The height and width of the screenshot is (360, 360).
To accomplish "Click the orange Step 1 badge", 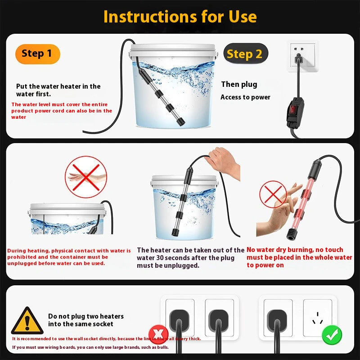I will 37,54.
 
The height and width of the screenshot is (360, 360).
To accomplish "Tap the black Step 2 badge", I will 245,54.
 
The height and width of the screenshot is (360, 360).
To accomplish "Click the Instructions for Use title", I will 180,17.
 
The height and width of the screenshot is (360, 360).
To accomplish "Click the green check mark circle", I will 332,335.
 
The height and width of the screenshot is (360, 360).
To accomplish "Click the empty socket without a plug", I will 317,317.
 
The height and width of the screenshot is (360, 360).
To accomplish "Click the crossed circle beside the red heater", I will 273,194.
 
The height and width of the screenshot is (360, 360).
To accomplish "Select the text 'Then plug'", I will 239,84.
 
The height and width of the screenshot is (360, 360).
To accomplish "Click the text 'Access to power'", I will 245,97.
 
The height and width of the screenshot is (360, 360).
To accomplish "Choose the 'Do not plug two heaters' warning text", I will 85,320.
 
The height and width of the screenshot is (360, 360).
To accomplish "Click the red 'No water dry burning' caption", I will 299,257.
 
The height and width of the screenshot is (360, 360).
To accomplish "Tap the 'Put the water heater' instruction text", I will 58,90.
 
